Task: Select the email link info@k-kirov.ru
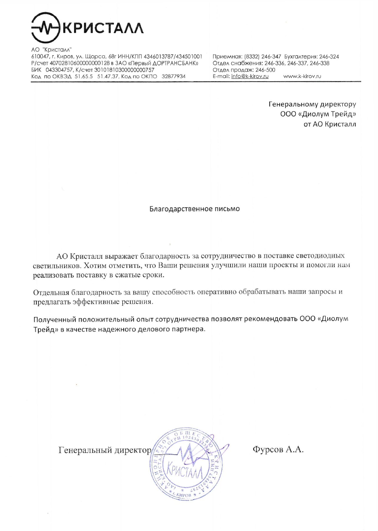click(x=250, y=76)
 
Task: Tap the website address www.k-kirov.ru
click(x=302, y=76)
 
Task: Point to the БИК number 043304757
click(x=59, y=70)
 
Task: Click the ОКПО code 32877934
click(x=174, y=76)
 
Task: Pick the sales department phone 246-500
click(x=265, y=70)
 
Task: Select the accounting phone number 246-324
click(x=329, y=57)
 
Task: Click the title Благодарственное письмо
click(x=195, y=209)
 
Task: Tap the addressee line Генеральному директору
click(x=312, y=104)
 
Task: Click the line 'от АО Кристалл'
click(x=330, y=124)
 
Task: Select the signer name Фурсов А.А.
click(x=278, y=449)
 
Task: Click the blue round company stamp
click(x=186, y=463)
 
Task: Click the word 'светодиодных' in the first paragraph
click(x=320, y=256)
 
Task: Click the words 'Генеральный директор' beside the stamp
click(x=105, y=450)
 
